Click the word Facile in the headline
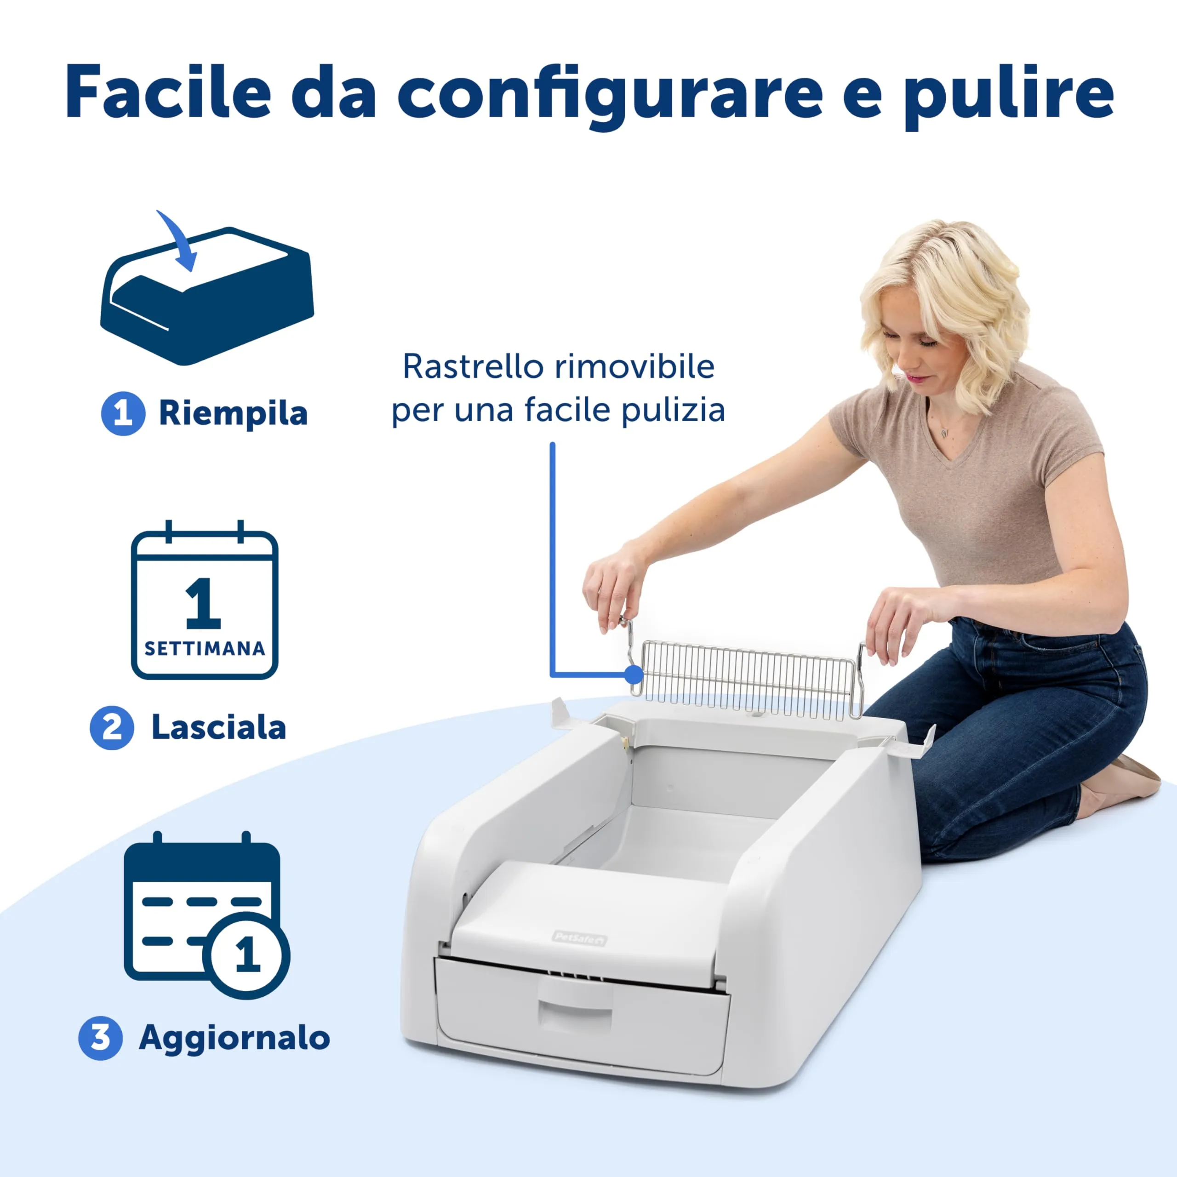[167, 92]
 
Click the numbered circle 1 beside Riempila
[123, 414]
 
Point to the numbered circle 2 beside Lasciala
[111, 727]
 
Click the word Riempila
[233, 414]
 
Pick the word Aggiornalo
[234, 1038]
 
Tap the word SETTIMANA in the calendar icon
[205, 648]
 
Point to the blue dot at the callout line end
[634, 674]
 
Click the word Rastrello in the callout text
[472, 367]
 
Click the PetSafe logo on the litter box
[579, 939]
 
